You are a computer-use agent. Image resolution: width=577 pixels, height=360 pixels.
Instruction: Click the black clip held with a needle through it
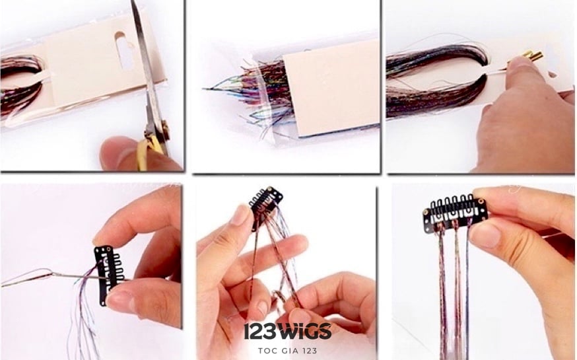[109, 274]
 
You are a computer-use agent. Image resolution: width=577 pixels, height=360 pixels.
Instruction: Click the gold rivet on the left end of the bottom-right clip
[426, 213]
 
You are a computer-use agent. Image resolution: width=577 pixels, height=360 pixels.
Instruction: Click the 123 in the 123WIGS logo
[260, 332]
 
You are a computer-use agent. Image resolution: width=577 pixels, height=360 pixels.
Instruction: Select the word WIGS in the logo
[304, 331]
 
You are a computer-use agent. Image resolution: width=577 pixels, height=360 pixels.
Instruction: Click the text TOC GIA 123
[287, 351]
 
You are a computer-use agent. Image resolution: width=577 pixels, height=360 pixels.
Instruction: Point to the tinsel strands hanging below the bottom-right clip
[454, 291]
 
